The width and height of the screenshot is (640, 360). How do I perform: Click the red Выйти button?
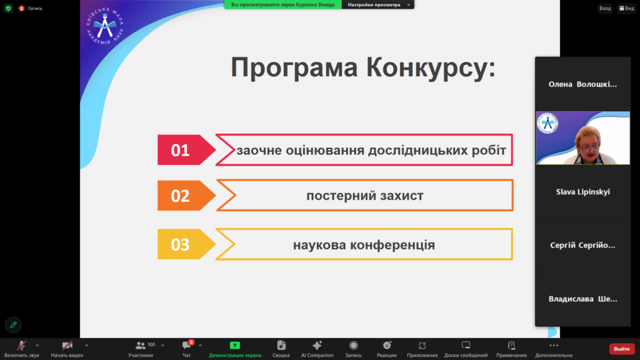click(x=622, y=349)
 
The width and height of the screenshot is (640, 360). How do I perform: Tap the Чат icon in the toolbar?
click(x=187, y=345)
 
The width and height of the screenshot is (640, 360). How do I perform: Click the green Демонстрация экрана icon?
click(x=235, y=345)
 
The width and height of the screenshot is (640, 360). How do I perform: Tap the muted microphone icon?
click(x=21, y=346)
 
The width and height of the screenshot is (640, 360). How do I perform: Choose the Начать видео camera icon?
click(x=67, y=346)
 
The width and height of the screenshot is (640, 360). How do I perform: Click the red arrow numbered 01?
click(x=186, y=150)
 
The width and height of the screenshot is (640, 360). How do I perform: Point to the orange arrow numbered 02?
click(x=186, y=196)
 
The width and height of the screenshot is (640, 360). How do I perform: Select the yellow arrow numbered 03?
click(x=186, y=244)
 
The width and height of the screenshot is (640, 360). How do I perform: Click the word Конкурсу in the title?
click(x=431, y=67)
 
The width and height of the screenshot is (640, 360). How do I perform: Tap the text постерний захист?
click(x=365, y=196)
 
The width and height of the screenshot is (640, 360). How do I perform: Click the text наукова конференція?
click(x=364, y=245)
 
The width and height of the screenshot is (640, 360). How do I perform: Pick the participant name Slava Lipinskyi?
click(x=583, y=192)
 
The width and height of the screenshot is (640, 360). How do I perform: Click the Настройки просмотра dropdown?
click(x=378, y=4)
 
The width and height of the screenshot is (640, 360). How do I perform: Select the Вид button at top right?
click(x=626, y=8)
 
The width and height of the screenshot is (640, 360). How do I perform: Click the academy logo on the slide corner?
click(x=105, y=26)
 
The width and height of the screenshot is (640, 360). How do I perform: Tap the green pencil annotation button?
click(x=14, y=325)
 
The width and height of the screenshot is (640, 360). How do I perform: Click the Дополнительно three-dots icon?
click(x=554, y=345)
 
